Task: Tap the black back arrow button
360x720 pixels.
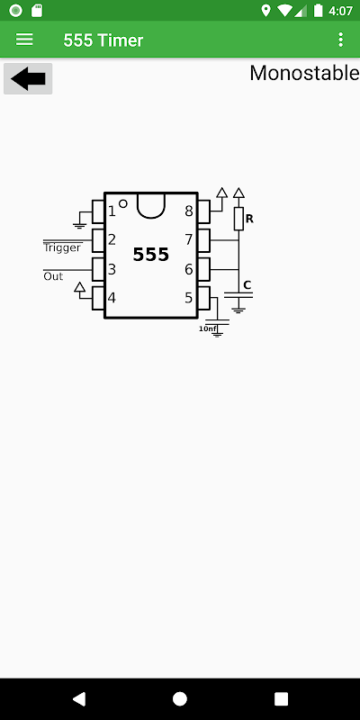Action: click(x=28, y=79)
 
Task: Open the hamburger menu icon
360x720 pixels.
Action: click(x=24, y=40)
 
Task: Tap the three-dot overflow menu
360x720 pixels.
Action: click(x=340, y=40)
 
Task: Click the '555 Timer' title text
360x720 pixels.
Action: click(x=103, y=40)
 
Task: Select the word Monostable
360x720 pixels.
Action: click(x=304, y=73)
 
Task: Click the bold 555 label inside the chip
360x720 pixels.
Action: click(x=151, y=255)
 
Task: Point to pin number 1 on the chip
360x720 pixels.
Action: click(x=112, y=211)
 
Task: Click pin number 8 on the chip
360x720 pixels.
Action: click(x=189, y=211)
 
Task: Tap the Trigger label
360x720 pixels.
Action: click(x=62, y=248)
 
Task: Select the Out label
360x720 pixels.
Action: click(x=53, y=276)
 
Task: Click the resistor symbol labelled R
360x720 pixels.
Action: click(x=238, y=219)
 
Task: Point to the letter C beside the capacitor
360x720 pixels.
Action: click(x=247, y=285)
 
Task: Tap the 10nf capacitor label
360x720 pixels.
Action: click(x=208, y=328)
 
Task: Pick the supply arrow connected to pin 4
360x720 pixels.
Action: click(x=80, y=287)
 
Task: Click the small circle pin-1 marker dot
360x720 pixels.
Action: click(x=123, y=203)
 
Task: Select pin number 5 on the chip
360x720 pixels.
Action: click(x=189, y=298)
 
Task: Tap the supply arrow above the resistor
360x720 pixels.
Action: click(x=238, y=193)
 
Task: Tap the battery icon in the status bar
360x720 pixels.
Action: click(x=319, y=10)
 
